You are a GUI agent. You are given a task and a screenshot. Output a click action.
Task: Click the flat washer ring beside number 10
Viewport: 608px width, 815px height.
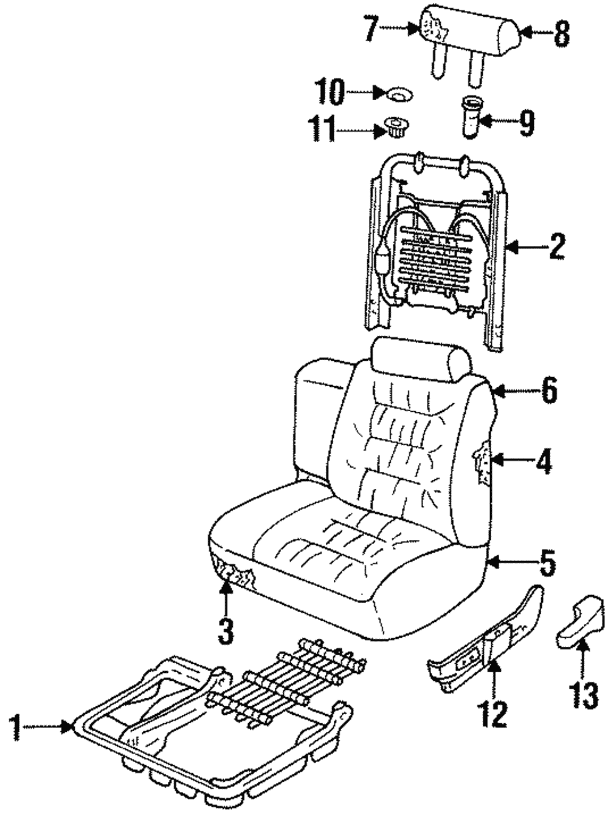(399, 95)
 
